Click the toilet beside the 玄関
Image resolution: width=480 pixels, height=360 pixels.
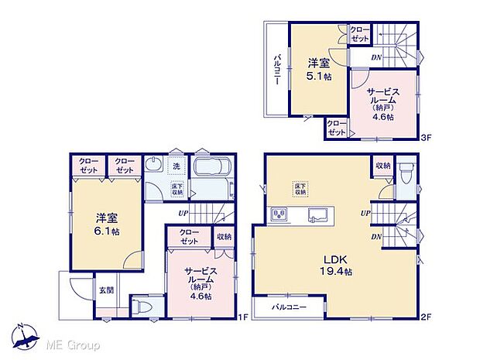pos(140,307)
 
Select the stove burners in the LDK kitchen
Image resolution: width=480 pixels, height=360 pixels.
pos(279,214)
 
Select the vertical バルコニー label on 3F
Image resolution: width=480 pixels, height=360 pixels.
pos(276,70)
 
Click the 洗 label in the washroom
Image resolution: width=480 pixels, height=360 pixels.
pos(177,166)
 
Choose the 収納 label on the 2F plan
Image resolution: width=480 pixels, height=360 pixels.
pos(382,166)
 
